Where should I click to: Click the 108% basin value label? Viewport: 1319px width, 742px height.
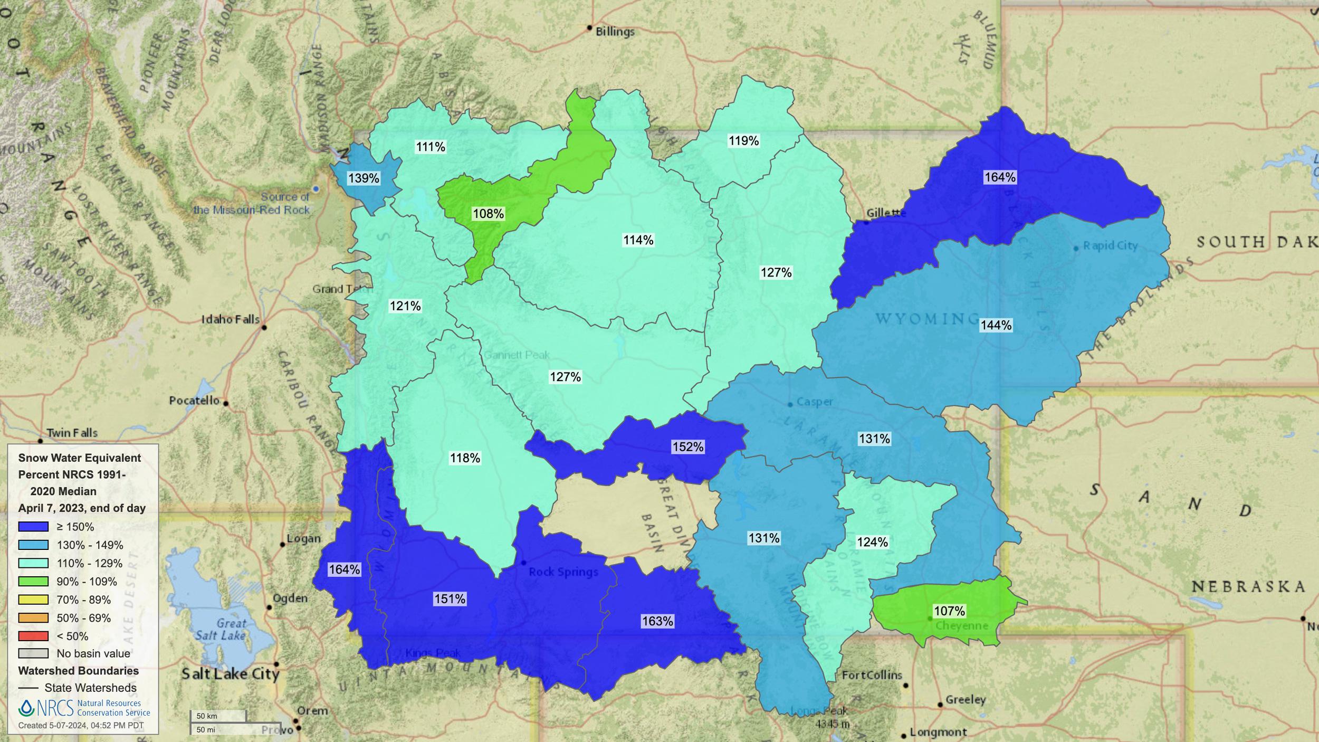(x=488, y=214)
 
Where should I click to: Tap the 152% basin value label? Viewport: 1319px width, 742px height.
(x=687, y=447)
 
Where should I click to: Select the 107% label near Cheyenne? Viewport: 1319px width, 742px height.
(x=949, y=611)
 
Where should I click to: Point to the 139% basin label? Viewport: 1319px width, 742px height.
(x=364, y=178)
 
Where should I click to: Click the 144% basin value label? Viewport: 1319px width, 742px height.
(x=996, y=325)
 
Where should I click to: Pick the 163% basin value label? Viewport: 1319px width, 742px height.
(x=657, y=621)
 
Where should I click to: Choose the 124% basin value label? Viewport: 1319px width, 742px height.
(x=872, y=542)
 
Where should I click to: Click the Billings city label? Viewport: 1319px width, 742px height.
(x=615, y=32)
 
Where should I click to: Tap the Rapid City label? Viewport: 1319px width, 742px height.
(x=1110, y=246)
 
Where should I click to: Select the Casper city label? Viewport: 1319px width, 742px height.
(x=815, y=402)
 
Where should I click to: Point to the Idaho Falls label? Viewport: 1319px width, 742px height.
(x=231, y=319)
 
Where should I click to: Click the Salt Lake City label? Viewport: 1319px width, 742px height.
(x=231, y=674)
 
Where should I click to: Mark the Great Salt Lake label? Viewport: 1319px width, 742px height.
(x=221, y=630)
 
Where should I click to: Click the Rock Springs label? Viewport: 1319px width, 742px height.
(x=563, y=572)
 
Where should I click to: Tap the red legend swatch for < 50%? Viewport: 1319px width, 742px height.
(x=33, y=636)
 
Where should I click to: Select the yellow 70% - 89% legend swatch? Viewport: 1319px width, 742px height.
(x=33, y=600)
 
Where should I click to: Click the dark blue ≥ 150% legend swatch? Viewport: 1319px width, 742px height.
(x=33, y=527)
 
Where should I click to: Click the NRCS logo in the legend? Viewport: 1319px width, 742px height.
(x=46, y=708)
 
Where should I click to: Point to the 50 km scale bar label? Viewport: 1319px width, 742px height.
(x=207, y=716)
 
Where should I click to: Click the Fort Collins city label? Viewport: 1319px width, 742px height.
(x=872, y=675)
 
